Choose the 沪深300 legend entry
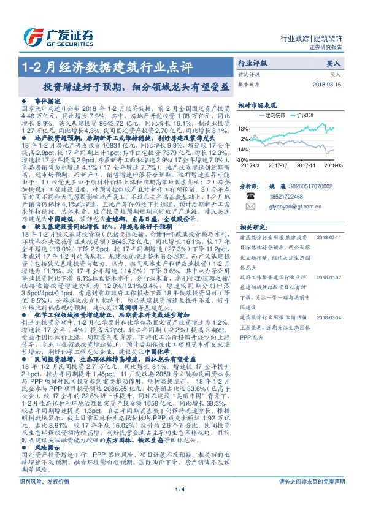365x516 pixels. coord(305,115)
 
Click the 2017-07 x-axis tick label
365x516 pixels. coord(277,165)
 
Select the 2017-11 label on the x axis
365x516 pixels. coord(305,165)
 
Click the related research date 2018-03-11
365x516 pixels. coord(333,236)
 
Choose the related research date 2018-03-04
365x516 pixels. coord(333,317)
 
